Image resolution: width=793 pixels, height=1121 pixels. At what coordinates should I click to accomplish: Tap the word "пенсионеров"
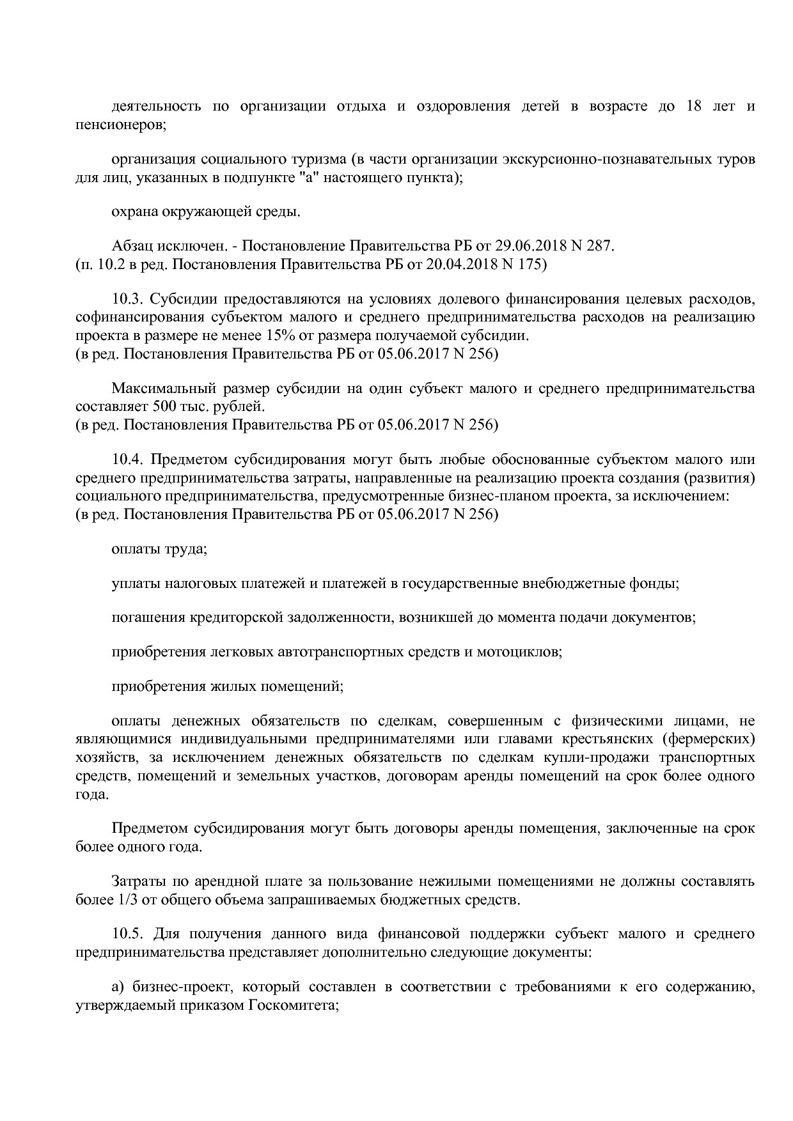coord(120,124)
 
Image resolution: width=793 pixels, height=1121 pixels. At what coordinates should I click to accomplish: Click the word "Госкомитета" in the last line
coord(292,1005)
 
